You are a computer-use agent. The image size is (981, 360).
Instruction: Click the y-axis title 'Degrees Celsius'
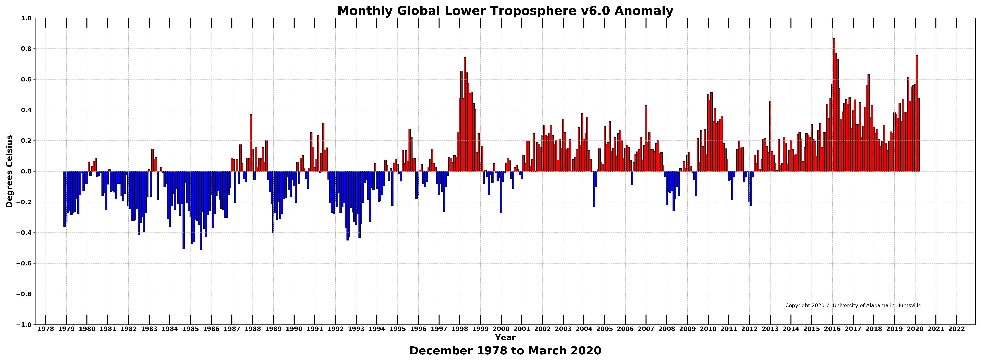pyautogui.click(x=10, y=171)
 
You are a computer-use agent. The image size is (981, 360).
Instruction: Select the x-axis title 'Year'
pyautogui.click(x=505, y=338)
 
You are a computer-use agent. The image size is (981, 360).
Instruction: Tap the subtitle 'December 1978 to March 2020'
pyautogui.click(x=505, y=350)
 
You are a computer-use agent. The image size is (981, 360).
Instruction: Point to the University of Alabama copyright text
pyautogui.click(x=853, y=306)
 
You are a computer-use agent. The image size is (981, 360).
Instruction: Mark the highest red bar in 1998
pyautogui.click(x=465, y=114)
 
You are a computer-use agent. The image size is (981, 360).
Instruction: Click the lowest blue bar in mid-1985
pyautogui.click(x=201, y=210)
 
